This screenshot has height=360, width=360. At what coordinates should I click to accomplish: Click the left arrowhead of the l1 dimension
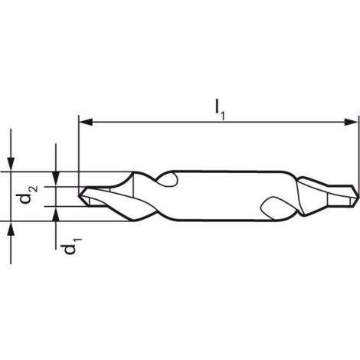click(x=85, y=120)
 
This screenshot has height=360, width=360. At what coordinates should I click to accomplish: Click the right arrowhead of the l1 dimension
click(x=353, y=120)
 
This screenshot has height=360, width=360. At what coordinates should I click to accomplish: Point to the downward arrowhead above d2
click(x=11, y=165)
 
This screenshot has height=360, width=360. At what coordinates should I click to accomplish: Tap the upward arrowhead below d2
click(x=11, y=227)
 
